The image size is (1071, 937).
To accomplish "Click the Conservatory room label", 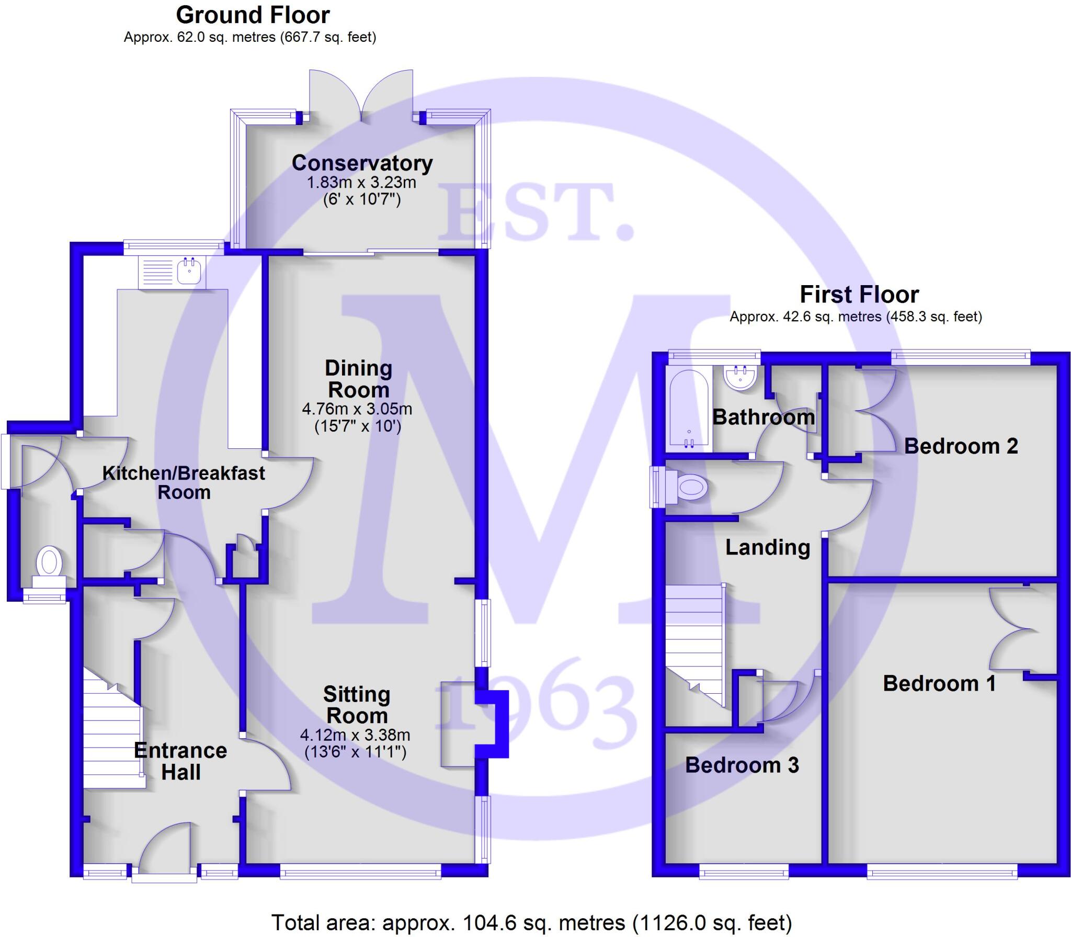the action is (362, 163).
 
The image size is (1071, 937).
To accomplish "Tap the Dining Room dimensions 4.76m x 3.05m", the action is (357, 409).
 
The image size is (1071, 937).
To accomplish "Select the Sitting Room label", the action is (357, 705).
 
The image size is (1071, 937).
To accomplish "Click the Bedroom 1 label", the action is (939, 683).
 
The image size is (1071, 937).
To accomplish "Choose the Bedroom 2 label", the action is (961, 446).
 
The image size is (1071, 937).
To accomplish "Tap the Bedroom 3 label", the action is (742, 765).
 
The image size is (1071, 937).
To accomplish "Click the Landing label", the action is (767, 547).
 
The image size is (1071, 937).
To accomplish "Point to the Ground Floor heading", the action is (253, 15).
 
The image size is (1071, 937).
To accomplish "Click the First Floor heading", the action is (859, 295).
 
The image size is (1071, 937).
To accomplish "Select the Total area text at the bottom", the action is (531, 923).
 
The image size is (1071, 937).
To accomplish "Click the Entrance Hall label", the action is (180, 761).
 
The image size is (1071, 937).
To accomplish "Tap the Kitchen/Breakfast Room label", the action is (184, 482).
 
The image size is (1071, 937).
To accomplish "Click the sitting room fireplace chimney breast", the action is (492, 725).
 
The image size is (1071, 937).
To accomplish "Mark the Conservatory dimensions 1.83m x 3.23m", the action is (361, 183).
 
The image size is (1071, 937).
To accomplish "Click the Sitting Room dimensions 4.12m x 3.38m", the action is (355, 735).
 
